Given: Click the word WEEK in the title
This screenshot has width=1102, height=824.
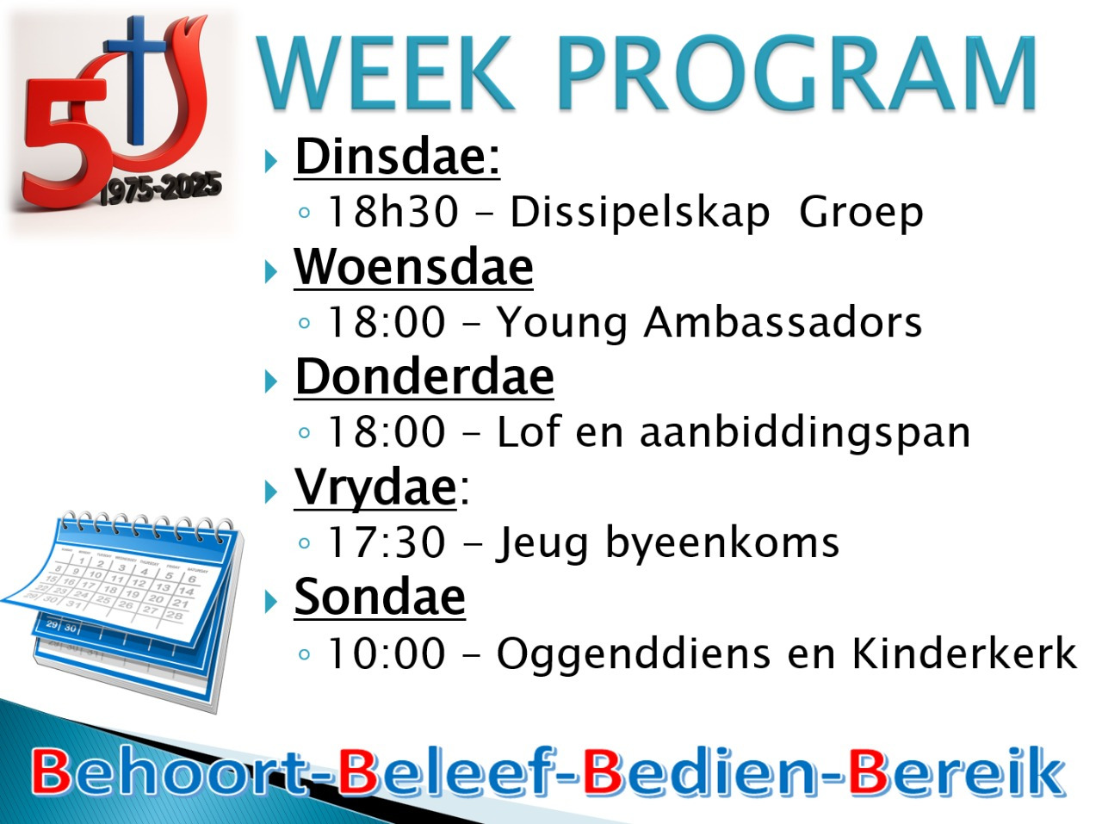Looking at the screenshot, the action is point(387,73).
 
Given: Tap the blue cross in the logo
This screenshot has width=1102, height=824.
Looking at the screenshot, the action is point(135,80).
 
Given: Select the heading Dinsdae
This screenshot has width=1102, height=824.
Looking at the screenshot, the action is point(397,157).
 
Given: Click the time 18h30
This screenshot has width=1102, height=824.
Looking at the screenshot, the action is point(393,212).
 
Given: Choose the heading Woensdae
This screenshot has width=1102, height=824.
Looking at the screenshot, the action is point(413,267).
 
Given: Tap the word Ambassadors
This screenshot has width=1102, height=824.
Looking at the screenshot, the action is point(783,322).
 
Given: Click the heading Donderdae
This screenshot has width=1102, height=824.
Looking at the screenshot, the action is point(424,377).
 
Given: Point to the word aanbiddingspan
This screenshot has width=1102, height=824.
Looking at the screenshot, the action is point(805,433).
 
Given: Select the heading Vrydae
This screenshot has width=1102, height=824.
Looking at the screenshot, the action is point(375,488).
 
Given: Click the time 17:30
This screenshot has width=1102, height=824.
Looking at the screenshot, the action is point(386,542).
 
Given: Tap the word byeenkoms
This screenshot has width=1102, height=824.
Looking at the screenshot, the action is point(722,544).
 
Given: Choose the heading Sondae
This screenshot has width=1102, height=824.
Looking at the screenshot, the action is point(380,597).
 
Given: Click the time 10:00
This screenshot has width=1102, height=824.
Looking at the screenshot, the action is point(386,653).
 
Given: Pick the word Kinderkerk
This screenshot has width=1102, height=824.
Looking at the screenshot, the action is point(964,653).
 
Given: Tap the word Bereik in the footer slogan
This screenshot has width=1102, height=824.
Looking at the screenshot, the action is point(957,771).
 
